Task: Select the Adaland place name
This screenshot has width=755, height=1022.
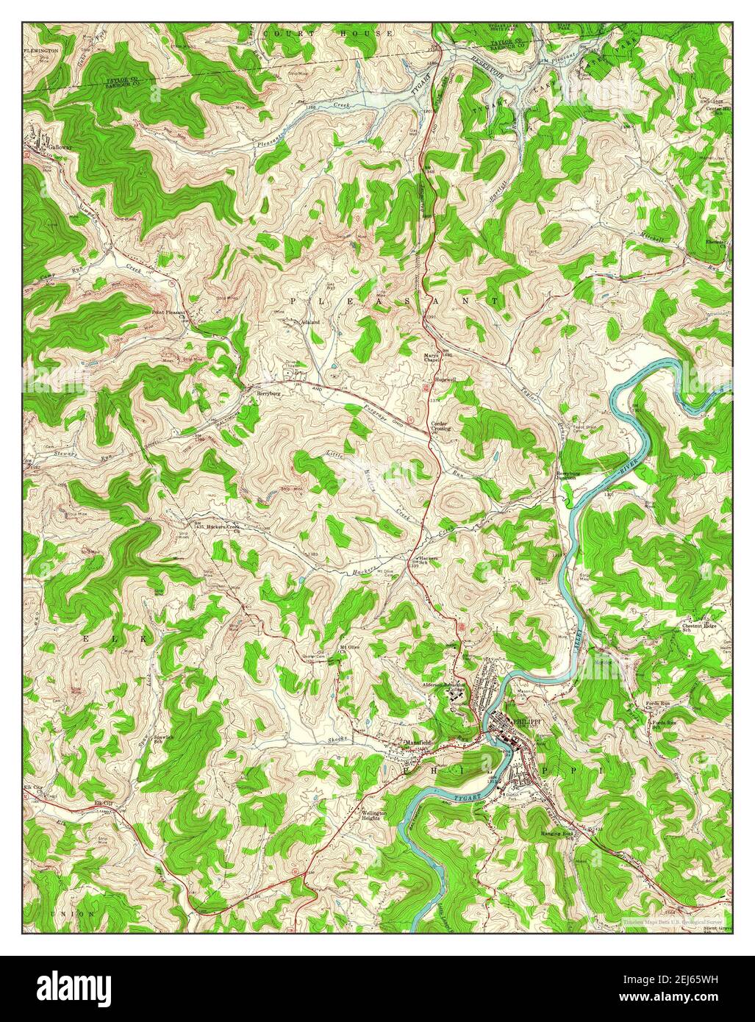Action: (x=310, y=322)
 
